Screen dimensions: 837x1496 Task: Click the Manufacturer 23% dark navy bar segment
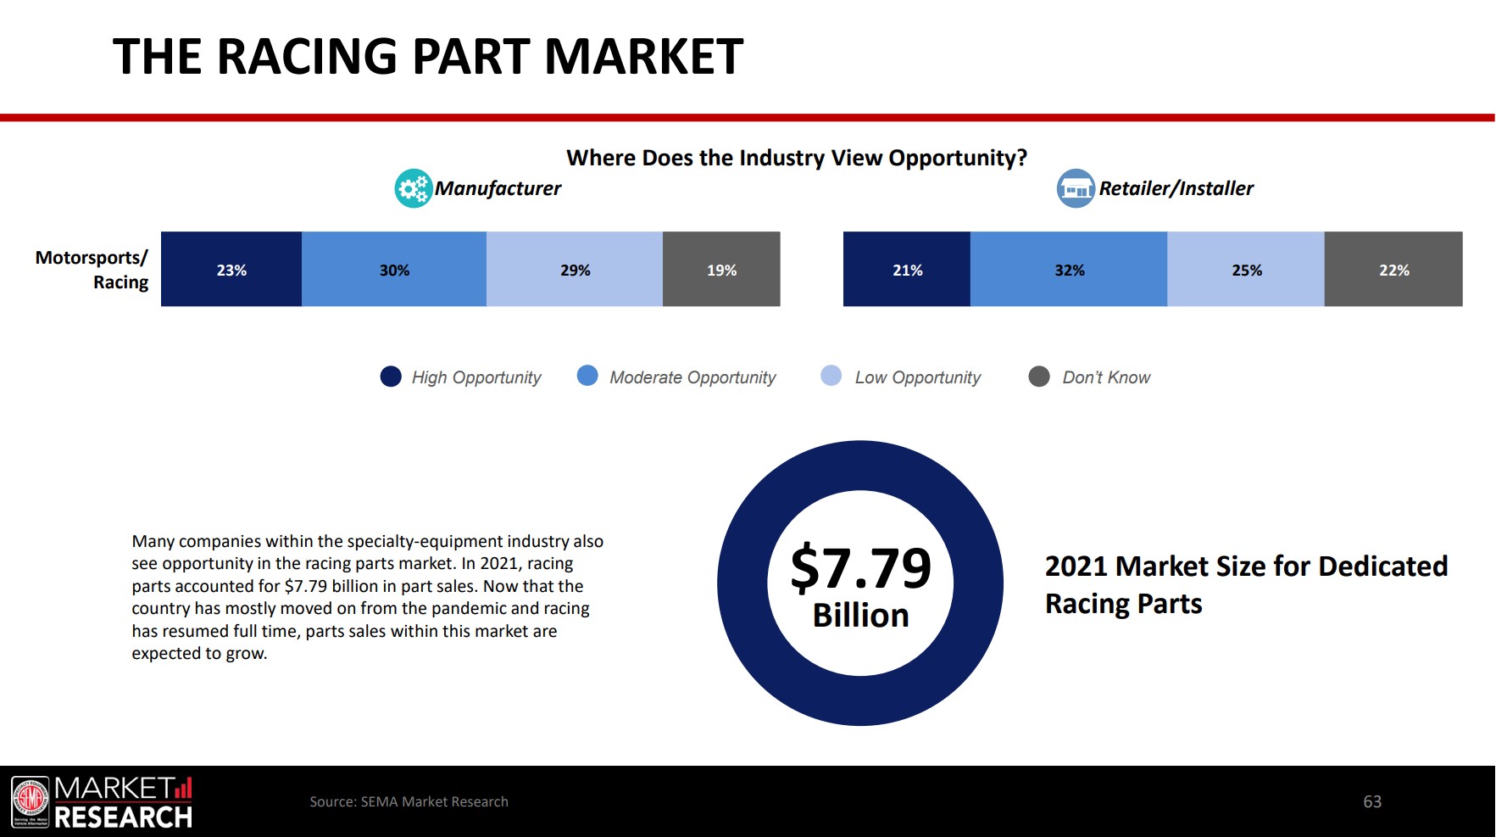231,270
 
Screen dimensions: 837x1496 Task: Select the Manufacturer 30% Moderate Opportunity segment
394,270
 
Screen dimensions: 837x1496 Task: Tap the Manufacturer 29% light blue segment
575,270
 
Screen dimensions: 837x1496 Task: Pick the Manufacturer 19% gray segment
721,270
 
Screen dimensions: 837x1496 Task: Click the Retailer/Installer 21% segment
907,270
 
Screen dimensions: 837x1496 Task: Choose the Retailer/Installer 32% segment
1069,270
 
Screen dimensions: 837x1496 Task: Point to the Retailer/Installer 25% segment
1246,270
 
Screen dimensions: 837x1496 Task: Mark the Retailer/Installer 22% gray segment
1393,270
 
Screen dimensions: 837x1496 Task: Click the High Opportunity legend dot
391,377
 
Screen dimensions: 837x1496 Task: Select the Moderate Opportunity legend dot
587,376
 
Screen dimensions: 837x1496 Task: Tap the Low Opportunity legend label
917,377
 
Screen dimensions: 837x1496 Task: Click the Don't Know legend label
1106,377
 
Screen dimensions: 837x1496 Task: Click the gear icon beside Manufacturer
414,188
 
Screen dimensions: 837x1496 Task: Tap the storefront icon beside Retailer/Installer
1076,188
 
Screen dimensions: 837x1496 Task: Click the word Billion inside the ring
860,616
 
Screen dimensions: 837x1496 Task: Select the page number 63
1372,801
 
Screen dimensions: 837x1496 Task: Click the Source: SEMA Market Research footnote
409,801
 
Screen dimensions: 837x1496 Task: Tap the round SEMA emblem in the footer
31,801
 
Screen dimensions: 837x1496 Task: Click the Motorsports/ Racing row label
92,270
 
